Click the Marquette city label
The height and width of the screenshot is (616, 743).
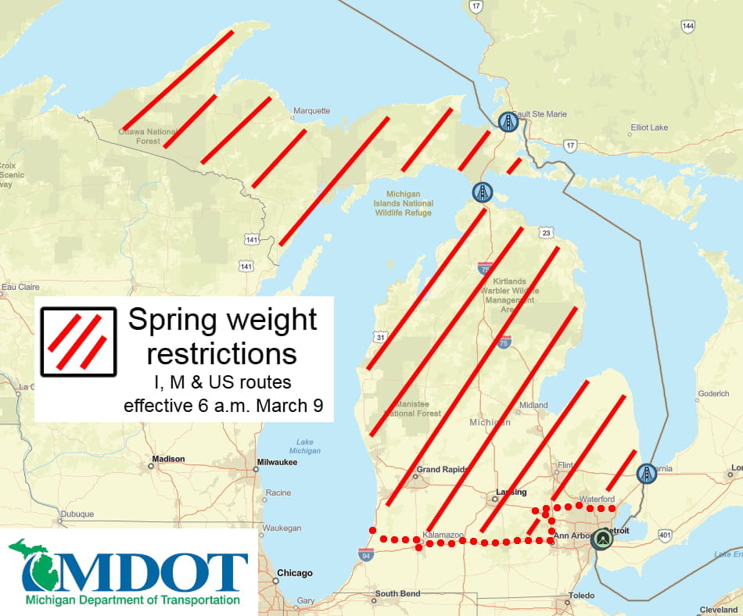coord(312,111)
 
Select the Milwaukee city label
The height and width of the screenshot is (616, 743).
coord(279,461)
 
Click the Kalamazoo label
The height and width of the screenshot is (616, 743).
coord(443,534)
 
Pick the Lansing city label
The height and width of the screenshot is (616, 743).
coord(511,492)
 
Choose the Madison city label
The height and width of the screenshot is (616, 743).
coord(168,459)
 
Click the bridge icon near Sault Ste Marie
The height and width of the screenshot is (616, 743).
coord(508,122)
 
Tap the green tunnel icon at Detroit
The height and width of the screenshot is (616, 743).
coord(601,539)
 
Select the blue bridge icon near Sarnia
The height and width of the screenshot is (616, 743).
coord(646,473)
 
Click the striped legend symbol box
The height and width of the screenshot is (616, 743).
coord(78,342)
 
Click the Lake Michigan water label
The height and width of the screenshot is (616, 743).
coord(304,446)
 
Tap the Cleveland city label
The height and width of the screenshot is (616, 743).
coord(718,610)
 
